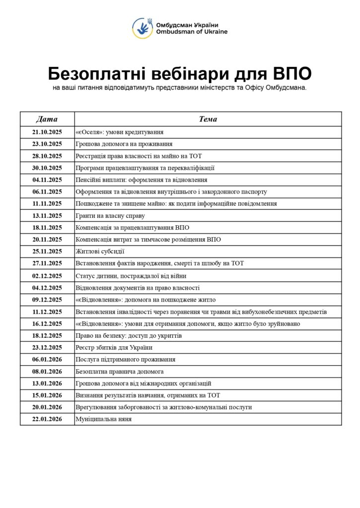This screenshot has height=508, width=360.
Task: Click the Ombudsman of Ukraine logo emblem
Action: [x=143, y=28]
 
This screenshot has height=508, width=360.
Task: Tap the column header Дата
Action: [x=47, y=119]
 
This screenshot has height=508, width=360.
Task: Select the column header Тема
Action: [x=208, y=119]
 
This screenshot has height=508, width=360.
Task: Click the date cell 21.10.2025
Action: [x=47, y=132]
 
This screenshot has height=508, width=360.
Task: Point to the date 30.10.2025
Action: [x=47, y=168]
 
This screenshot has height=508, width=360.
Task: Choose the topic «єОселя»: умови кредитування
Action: [x=120, y=132]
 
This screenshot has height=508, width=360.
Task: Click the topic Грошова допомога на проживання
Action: [x=124, y=144]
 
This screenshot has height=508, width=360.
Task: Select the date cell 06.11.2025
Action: [x=47, y=192]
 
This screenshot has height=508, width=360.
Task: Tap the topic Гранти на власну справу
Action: [x=110, y=216]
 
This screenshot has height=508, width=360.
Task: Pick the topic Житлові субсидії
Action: [x=100, y=252]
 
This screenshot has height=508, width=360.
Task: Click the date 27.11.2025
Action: [x=47, y=263]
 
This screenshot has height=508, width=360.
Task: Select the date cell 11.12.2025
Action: [x=47, y=312]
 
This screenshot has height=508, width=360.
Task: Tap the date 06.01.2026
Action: [x=47, y=359]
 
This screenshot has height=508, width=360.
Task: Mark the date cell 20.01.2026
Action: [x=47, y=407]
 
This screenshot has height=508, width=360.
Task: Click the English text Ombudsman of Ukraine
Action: [x=185, y=32]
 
